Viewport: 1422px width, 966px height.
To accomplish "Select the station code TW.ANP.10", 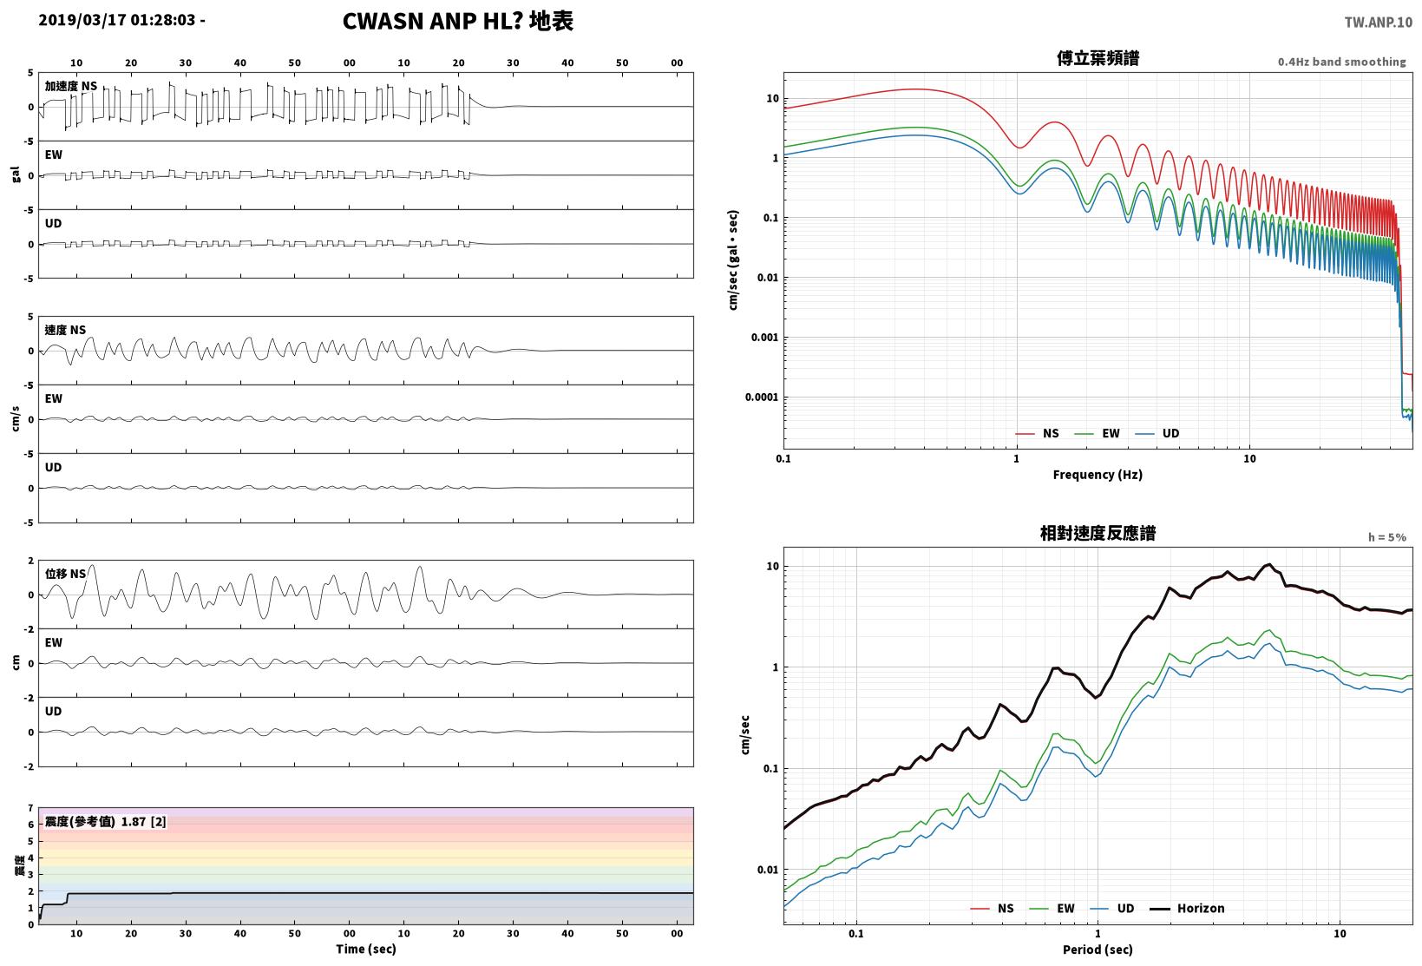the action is [1379, 23].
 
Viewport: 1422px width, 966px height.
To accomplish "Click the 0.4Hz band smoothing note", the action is [1342, 62].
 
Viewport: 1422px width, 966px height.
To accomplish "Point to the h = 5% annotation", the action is [1387, 537].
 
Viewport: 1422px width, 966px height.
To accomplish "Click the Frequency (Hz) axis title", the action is [1098, 475].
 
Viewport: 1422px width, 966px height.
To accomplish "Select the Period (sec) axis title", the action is [1098, 950].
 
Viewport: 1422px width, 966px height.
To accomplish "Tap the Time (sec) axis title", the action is [365, 949].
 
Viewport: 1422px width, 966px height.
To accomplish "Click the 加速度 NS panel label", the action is [71, 86].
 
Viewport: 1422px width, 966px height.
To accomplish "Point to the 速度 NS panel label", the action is [65, 330].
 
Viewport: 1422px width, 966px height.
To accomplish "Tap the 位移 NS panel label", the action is [65, 574].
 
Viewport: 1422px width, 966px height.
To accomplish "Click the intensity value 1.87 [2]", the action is [143, 821].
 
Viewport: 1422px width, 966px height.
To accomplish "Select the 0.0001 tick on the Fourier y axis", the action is [761, 398].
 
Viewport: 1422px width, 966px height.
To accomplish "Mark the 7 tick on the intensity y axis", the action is [30, 808].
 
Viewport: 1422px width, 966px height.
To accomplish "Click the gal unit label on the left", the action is [16, 174].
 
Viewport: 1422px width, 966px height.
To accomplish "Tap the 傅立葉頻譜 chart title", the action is [1098, 58].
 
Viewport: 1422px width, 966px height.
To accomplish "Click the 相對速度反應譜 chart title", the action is [1098, 533].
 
